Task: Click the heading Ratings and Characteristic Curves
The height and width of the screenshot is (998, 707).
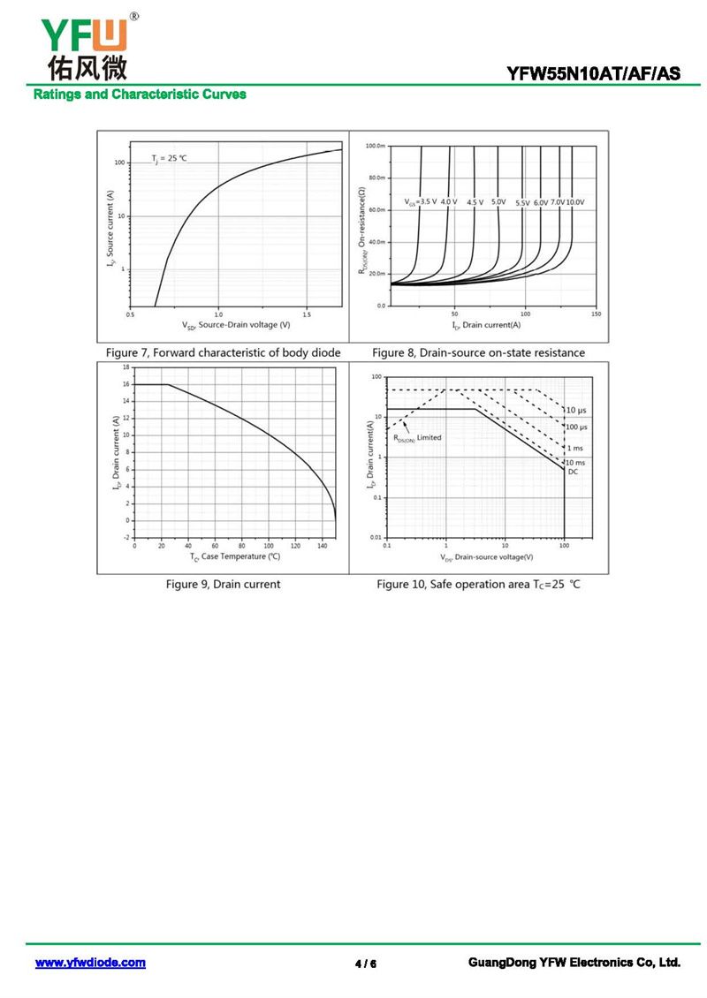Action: coord(140,95)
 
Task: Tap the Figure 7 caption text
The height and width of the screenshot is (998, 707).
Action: coord(223,352)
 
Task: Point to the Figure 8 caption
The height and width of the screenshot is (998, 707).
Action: coord(478,352)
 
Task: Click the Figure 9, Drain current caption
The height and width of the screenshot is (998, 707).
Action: coord(224,584)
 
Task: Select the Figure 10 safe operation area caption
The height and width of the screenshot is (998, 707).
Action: coord(478,585)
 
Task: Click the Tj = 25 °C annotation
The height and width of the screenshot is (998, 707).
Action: coord(170,158)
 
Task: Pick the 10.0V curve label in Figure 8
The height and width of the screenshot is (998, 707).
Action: coord(574,202)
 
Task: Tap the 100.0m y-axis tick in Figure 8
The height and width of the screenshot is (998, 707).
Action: coord(375,145)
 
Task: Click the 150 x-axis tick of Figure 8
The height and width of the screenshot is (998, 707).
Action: coord(596,314)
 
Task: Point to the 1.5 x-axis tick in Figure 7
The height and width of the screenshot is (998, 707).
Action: coord(307,314)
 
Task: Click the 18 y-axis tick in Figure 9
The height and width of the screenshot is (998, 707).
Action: coord(125,367)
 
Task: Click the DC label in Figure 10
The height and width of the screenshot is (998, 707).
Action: coord(573,472)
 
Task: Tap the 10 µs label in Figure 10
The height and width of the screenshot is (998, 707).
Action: coord(576,411)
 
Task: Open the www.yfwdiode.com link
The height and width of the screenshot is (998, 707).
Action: coord(90,963)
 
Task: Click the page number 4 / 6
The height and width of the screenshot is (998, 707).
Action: coord(365,964)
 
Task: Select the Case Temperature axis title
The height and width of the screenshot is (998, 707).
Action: coord(235,556)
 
